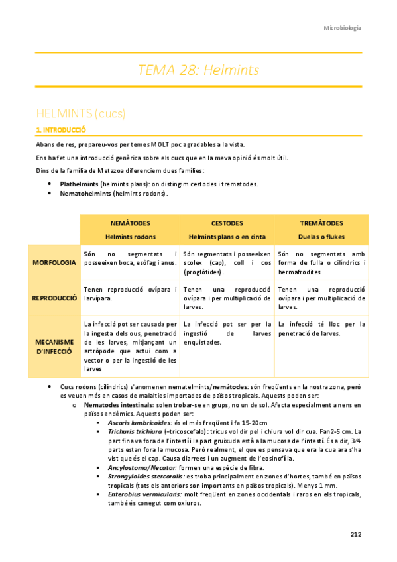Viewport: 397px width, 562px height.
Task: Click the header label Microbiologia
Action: [342, 28]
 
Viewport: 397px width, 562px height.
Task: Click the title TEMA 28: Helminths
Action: [198, 70]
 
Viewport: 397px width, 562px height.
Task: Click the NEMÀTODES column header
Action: [131, 223]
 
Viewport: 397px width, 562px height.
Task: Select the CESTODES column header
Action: [227, 223]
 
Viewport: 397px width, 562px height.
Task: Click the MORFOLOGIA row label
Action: [54, 263]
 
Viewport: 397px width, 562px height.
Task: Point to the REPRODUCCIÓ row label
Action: [54, 298]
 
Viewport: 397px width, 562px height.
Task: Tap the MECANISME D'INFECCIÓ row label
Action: [54, 346]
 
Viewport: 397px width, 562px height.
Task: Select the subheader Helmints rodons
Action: [131, 235]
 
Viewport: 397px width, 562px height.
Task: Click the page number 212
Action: [355, 534]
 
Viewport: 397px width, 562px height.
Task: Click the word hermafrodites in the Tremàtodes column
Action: [300, 272]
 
